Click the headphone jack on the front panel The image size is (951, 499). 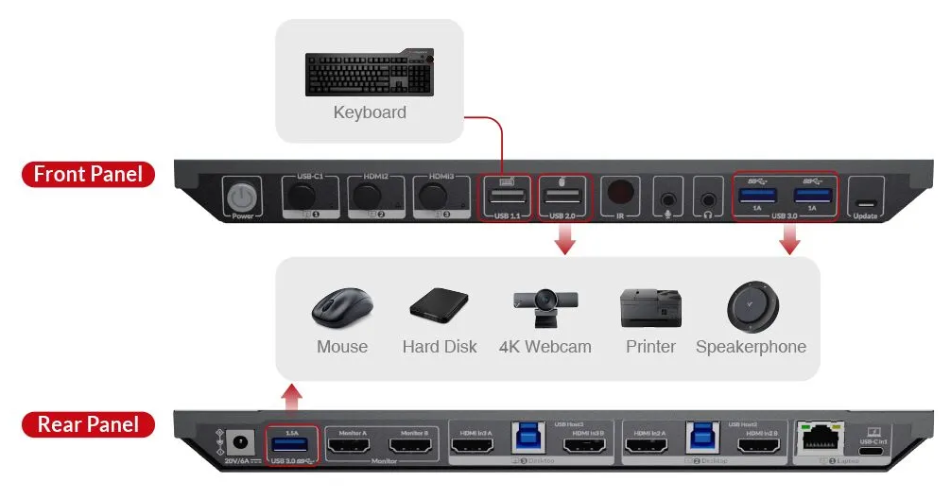click(x=708, y=199)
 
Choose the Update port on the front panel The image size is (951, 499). click(x=865, y=202)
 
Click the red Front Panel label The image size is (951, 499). click(x=88, y=174)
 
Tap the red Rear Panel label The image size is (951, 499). click(x=88, y=424)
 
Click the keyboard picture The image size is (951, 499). click(x=369, y=74)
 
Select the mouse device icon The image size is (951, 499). click(x=341, y=308)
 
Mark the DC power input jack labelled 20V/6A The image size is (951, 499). click(x=241, y=440)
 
